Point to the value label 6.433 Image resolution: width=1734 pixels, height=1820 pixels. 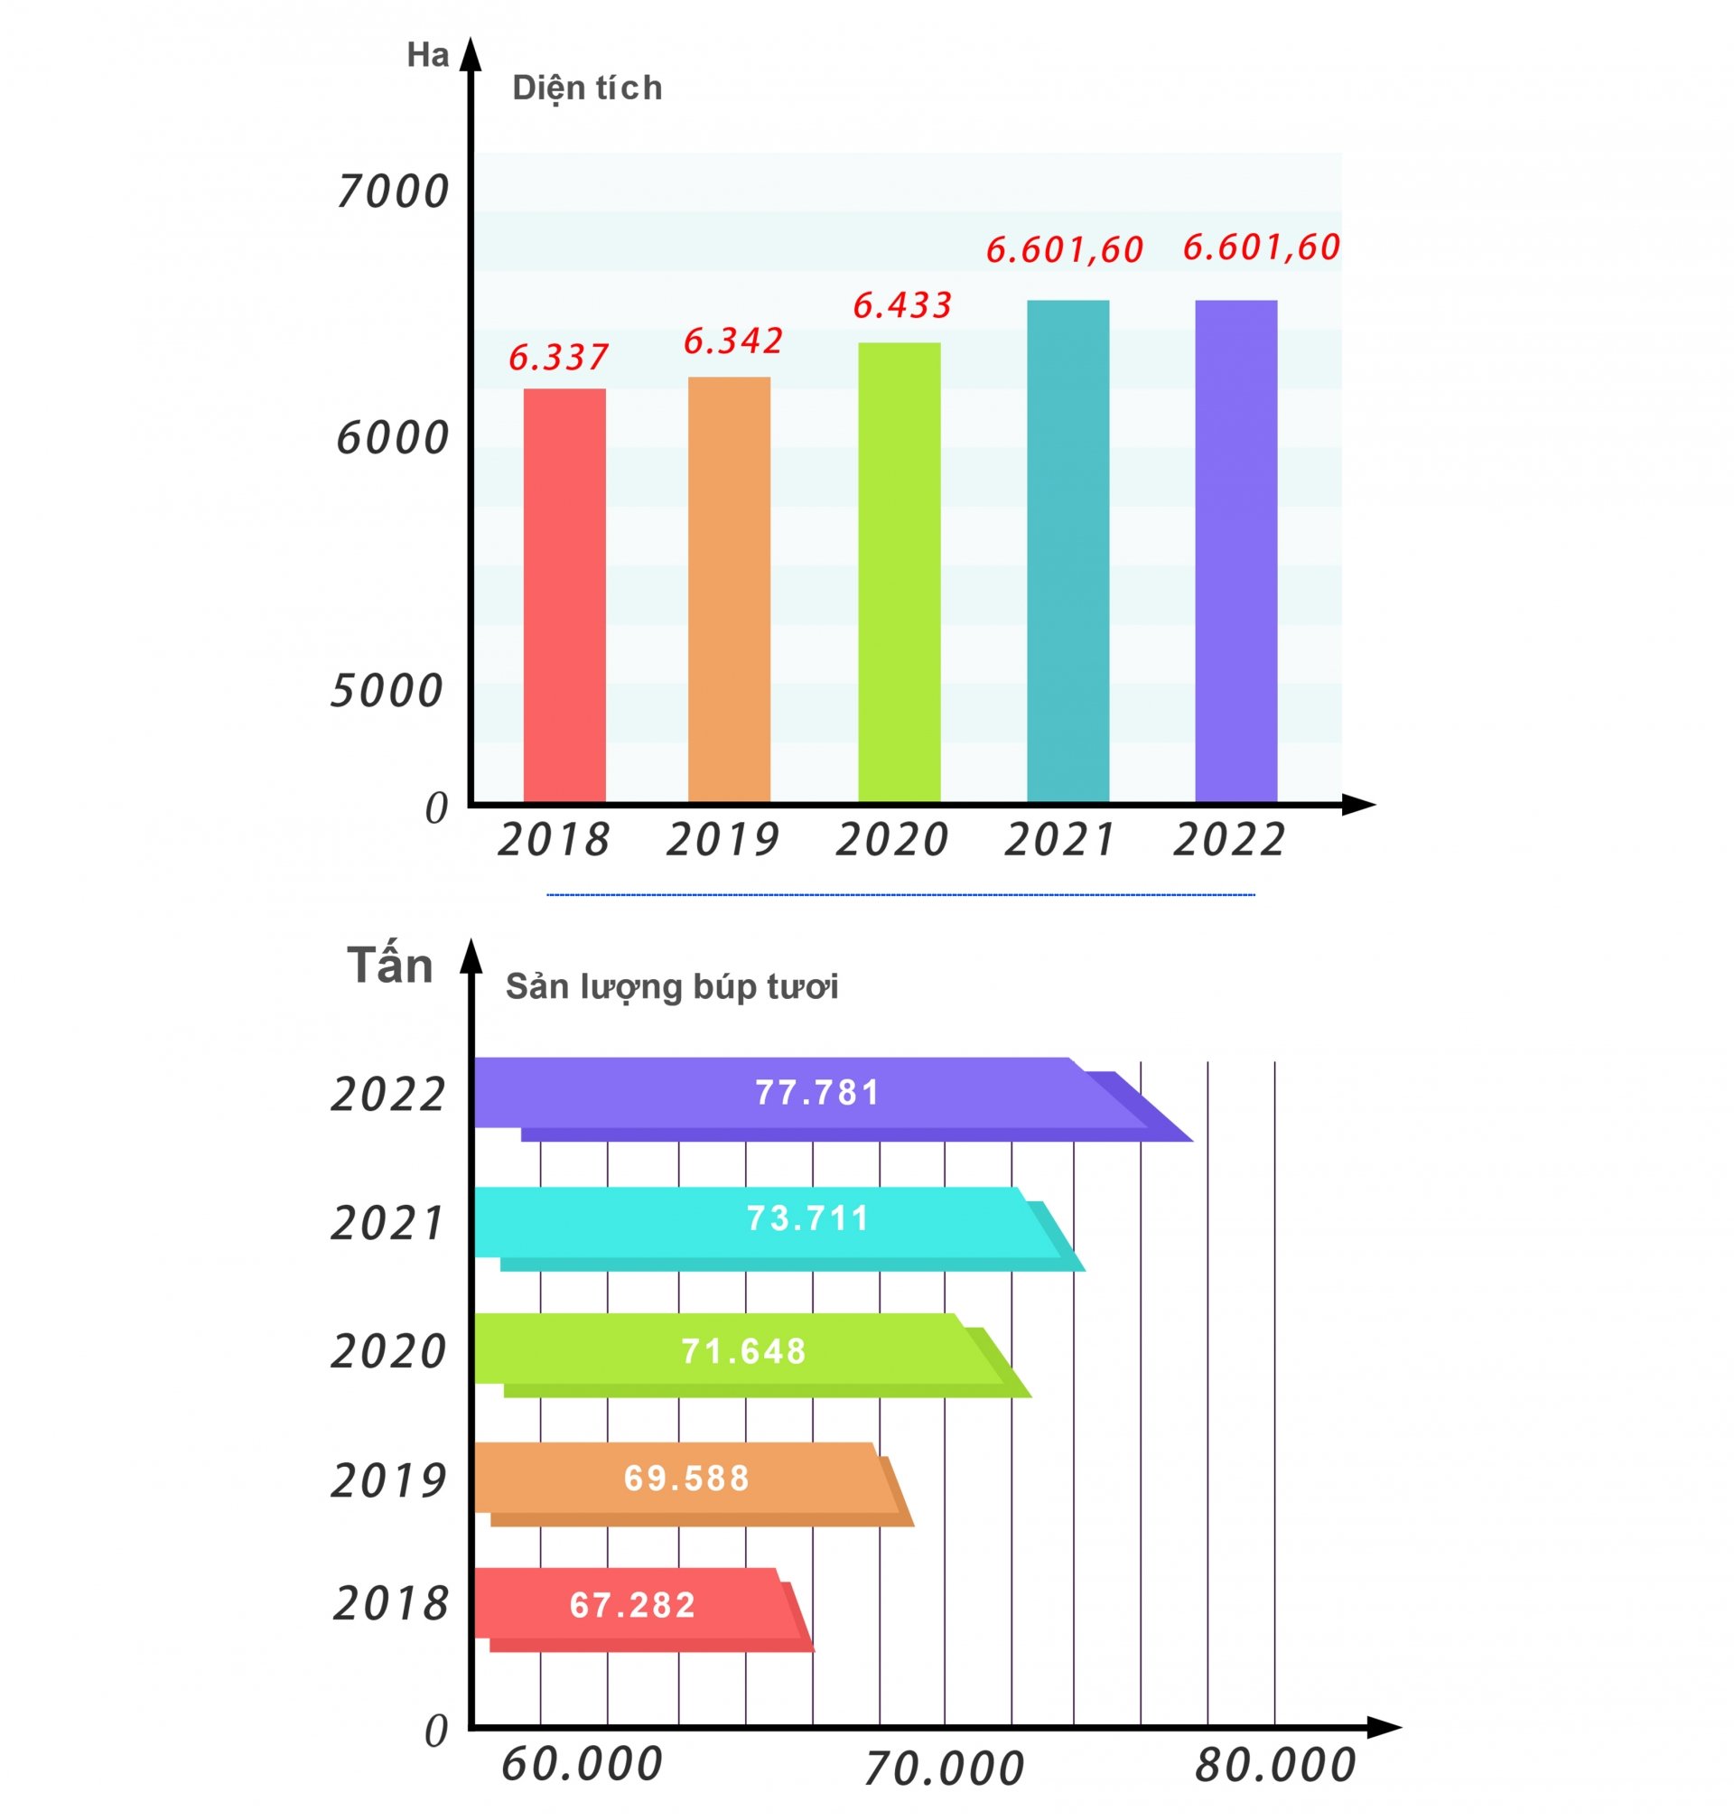901,305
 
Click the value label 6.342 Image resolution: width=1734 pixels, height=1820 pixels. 733,341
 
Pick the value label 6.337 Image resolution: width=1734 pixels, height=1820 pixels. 558,357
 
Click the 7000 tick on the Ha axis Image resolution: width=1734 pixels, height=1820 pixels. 392,191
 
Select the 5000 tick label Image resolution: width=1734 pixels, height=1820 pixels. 387,690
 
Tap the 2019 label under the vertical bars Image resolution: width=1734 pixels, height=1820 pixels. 722,839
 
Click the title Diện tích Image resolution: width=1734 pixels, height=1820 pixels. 587,88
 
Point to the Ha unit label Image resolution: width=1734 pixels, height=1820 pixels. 427,55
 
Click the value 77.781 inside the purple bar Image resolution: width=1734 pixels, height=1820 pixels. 817,1093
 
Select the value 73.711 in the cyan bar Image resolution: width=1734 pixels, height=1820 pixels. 807,1218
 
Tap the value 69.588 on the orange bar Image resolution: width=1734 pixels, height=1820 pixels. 686,1478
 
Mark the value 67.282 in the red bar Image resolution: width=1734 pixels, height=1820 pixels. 632,1605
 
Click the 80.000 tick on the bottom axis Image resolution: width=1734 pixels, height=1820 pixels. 1274,1766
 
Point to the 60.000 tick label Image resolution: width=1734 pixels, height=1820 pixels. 582,1765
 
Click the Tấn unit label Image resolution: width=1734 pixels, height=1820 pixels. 390,966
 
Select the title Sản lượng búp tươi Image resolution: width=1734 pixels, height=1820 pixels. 671,987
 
